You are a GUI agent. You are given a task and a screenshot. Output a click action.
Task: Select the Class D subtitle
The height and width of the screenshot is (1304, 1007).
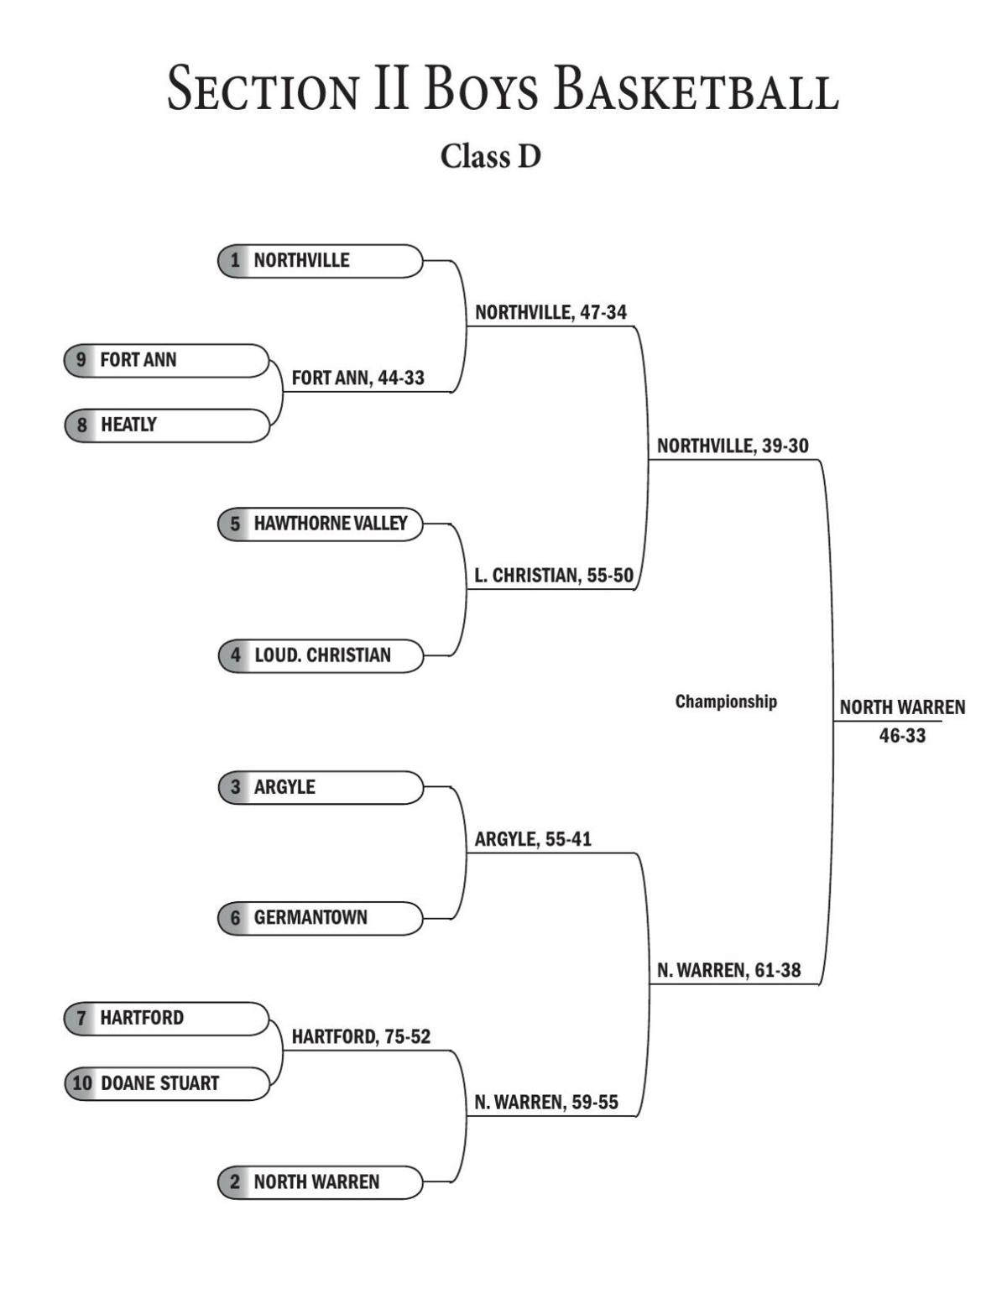pos(491,156)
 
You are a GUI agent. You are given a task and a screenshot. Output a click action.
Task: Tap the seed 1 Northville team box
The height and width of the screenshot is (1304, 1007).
pos(321,261)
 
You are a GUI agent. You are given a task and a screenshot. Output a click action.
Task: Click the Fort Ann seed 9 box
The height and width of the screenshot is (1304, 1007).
pos(167,360)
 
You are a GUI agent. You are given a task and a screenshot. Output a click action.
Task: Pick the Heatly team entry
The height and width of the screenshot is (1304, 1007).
pos(167,425)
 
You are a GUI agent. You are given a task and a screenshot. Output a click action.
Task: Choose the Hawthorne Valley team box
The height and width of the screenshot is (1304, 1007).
pos(321,524)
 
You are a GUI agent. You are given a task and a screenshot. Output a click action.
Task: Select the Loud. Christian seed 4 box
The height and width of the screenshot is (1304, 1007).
pos(321,655)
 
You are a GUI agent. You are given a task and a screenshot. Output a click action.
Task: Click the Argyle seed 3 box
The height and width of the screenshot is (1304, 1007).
pos(321,787)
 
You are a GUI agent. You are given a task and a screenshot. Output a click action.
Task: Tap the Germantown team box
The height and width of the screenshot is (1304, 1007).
pos(321,918)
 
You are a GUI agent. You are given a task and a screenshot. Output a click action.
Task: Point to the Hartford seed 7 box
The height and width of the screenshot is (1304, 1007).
pos(167,1018)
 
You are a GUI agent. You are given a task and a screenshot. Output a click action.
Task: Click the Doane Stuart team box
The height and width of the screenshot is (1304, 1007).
pos(167,1083)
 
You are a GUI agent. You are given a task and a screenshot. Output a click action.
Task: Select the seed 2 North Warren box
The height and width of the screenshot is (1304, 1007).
pos(321,1182)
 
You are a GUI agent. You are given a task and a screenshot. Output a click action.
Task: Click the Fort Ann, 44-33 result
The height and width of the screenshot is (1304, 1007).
pos(358,378)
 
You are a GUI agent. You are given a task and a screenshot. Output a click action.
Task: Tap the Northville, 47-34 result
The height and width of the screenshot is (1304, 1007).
pos(550,312)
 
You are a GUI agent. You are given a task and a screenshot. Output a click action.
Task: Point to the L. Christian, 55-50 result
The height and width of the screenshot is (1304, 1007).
pos(553,576)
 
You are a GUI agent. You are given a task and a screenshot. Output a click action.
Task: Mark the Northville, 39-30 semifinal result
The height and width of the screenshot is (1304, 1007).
pos(733,446)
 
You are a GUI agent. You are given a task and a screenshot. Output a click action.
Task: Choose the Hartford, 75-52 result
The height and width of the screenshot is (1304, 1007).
pos(361,1037)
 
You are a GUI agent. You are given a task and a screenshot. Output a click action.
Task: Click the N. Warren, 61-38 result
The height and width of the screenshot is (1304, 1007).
pos(728,971)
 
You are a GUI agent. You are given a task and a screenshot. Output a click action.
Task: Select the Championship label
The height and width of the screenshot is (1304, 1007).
pos(726,702)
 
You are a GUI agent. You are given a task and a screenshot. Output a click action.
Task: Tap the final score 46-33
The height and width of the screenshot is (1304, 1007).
pos(902,736)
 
